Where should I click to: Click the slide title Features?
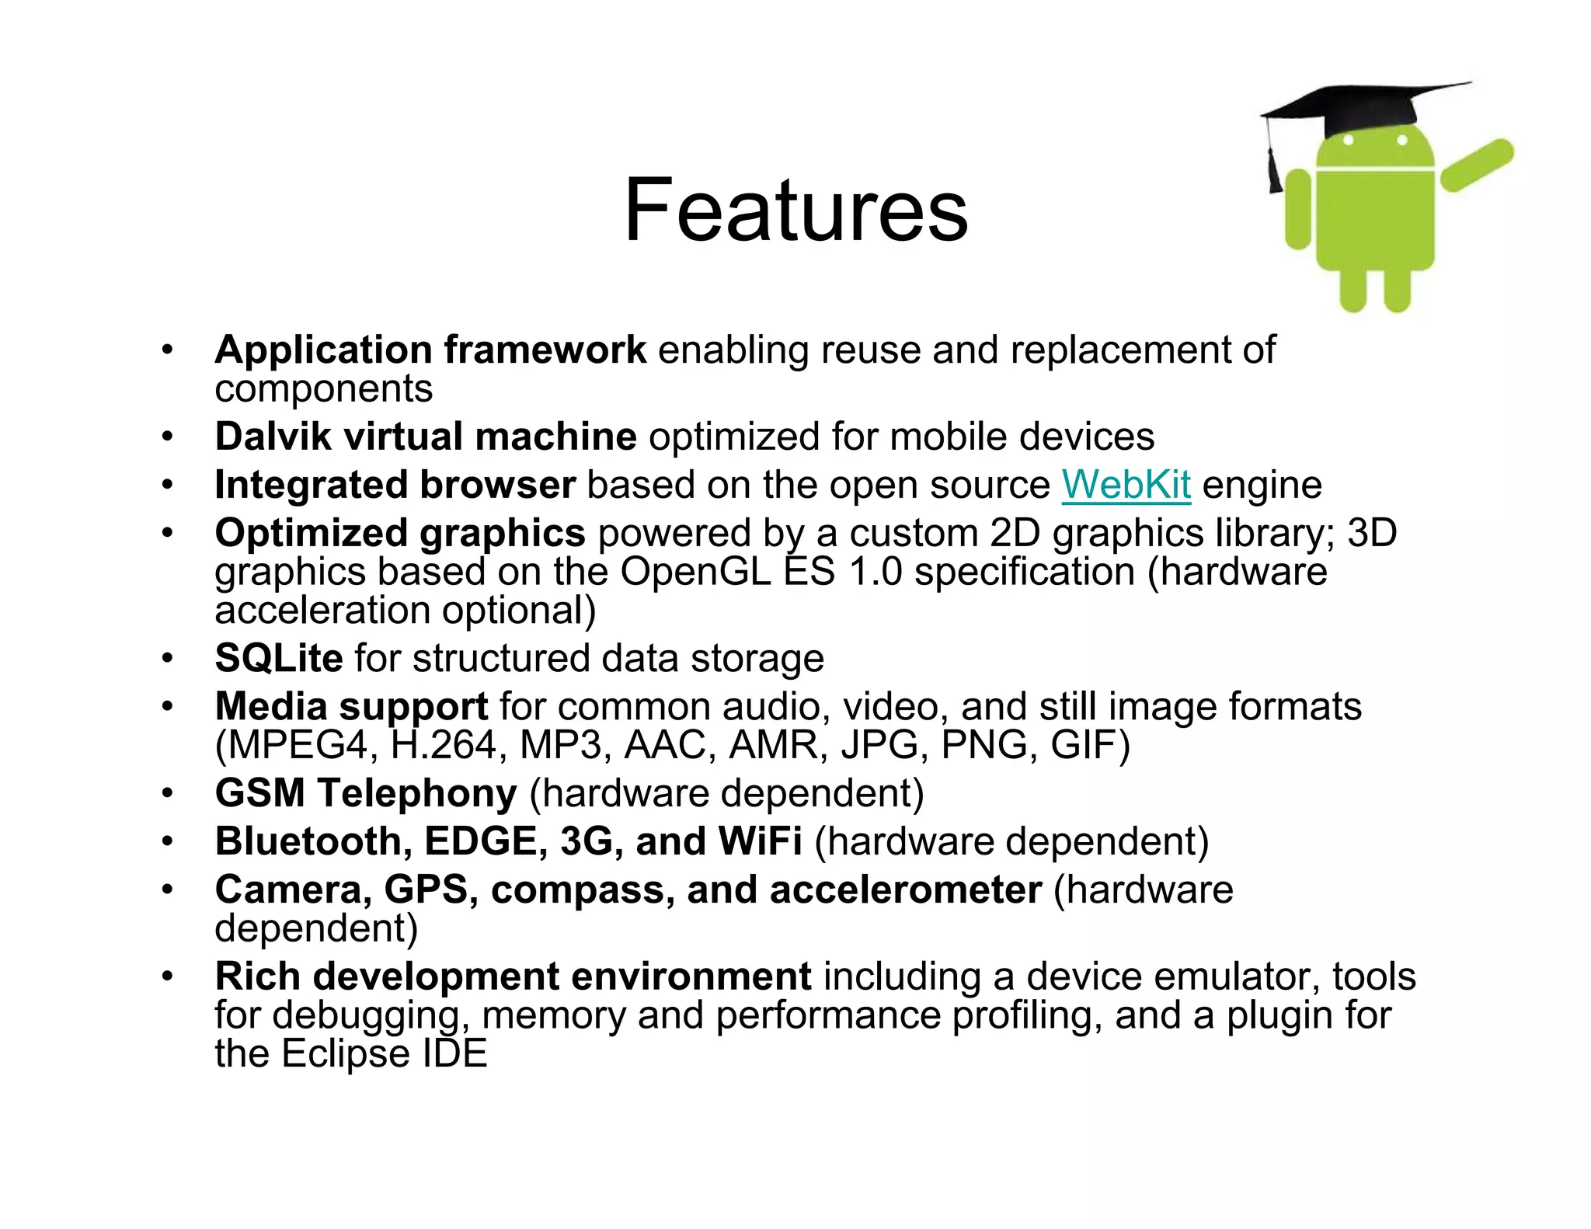[795, 211]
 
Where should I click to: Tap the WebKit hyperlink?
[1126, 485]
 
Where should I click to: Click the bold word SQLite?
[279, 658]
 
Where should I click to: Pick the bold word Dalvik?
[273, 437]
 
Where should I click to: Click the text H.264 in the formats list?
[443, 744]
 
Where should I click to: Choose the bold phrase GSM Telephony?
[366, 793]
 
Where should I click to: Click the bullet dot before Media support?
[167, 707]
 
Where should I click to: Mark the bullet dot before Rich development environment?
[167, 977]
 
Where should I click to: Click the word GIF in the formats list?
[1089, 744]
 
